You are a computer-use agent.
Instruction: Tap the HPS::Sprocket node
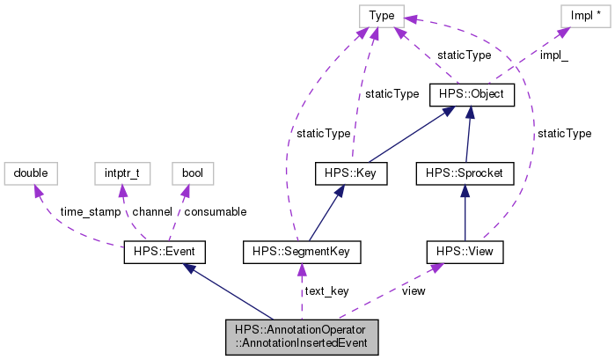point(464,173)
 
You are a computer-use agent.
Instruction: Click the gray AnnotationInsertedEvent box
point(302,337)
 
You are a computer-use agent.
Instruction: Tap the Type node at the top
point(381,15)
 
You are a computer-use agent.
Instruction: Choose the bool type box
point(193,173)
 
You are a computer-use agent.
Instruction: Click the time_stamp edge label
point(88,212)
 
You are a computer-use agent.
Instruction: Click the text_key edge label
point(326,291)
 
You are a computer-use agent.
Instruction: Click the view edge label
point(413,291)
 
